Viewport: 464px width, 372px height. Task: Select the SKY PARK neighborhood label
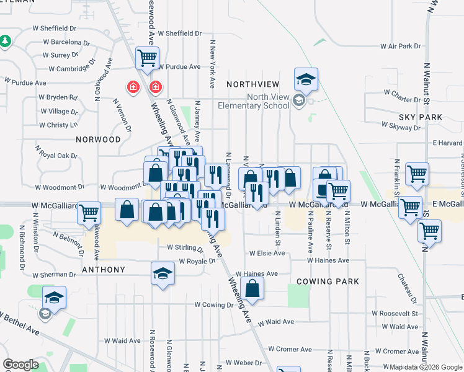coord(421,117)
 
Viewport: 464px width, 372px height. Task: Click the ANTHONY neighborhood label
coord(104,270)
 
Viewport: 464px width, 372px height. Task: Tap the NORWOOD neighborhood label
coord(98,139)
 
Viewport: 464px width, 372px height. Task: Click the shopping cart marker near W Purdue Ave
coord(147,60)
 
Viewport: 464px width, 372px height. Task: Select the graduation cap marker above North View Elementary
coord(306,79)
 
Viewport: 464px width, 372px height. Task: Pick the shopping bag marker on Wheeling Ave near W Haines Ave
coord(252,288)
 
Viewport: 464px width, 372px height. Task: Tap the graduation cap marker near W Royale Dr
coord(163,273)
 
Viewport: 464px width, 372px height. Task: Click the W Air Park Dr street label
coord(401,46)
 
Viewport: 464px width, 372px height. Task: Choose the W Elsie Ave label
coord(267,254)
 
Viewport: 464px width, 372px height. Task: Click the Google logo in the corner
coord(21,365)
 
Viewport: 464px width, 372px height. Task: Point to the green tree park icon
coord(5,41)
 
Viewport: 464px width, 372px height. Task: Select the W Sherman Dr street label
coord(53,275)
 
